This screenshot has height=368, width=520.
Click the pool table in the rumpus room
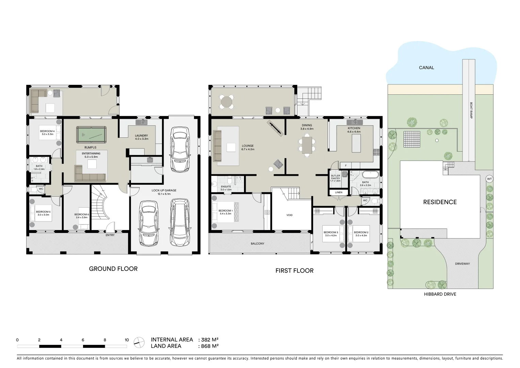pos(91,135)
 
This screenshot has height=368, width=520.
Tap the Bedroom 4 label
pos(47,133)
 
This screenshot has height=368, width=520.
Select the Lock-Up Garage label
pos(164,192)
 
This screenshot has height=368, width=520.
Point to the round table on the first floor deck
pos(226,102)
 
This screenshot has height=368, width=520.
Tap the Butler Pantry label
pos(335,178)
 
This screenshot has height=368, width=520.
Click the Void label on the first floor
pos(289,215)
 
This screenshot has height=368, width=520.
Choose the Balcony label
pos(257,244)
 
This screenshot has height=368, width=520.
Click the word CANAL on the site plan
pos(426,68)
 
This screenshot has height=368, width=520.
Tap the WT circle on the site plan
pos(489,179)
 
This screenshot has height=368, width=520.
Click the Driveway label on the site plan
pos(462,264)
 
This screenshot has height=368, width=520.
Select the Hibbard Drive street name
pos(440,294)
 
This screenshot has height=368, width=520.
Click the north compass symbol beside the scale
pos(139,342)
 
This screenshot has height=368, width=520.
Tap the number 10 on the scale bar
pos(127,340)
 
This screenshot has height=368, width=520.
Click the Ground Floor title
pos(113,269)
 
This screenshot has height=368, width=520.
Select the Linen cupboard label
pos(338,193)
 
